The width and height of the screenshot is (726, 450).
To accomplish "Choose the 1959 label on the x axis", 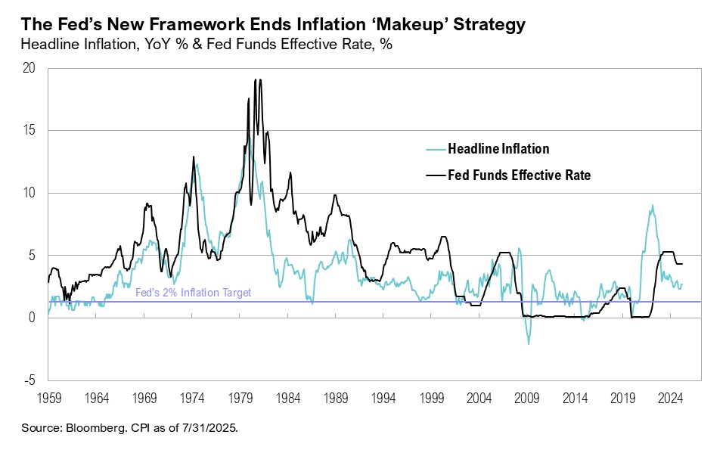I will point(48,396).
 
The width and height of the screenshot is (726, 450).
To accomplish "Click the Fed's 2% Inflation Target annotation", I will point(193,293).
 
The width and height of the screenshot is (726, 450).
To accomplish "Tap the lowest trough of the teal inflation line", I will point(529,343).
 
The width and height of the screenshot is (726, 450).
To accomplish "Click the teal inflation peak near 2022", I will point(652,206).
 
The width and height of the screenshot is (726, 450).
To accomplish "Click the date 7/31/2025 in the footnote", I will point(210,428).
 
